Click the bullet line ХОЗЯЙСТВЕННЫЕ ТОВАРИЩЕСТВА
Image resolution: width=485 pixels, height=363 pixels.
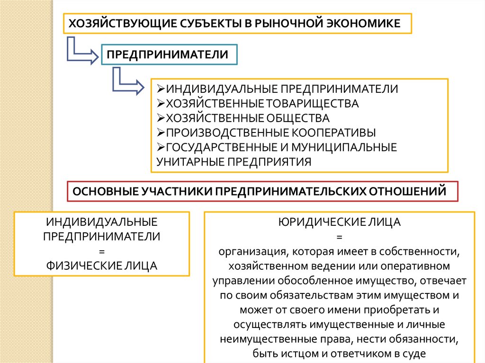(x=259, y=103)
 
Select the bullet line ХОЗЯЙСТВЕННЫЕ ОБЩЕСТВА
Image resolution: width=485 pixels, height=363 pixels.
(x=244, y=118)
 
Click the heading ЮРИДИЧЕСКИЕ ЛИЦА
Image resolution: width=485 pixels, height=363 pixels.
(x=340, y=221)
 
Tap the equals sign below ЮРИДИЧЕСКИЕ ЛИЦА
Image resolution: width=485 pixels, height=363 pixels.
(x=340, y=236)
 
